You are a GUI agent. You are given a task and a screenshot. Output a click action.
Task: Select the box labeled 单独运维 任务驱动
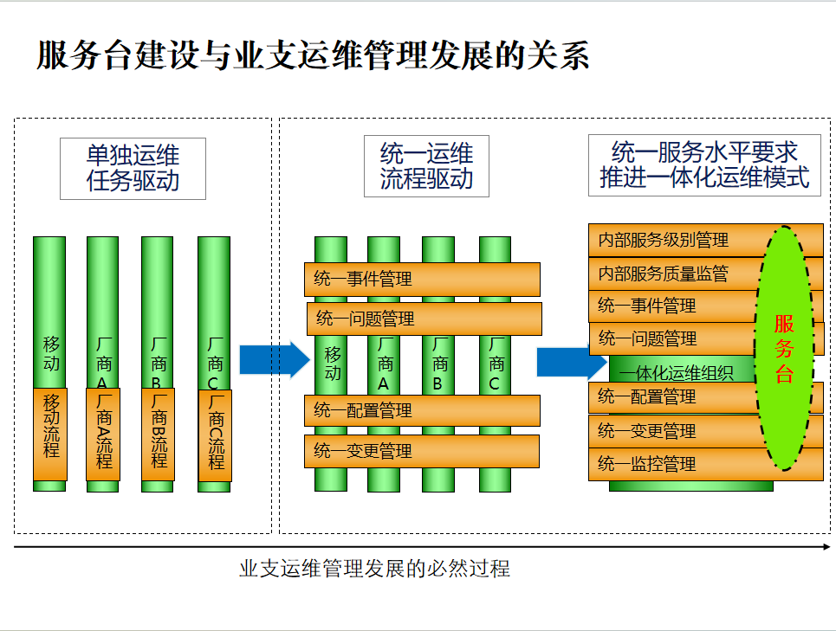133,168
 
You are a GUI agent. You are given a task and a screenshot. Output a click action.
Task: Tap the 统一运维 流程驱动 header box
426,166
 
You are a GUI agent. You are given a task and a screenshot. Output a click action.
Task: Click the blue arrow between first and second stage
274,359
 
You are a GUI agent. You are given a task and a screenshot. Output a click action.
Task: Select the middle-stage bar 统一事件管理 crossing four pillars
422,280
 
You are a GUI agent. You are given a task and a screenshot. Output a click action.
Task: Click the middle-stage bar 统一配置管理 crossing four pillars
422,410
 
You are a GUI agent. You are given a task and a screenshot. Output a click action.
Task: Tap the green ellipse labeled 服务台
785,348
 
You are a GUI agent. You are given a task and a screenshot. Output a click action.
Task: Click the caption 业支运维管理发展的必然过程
374,569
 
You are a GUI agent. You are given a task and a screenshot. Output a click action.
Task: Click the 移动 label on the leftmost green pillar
51,353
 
